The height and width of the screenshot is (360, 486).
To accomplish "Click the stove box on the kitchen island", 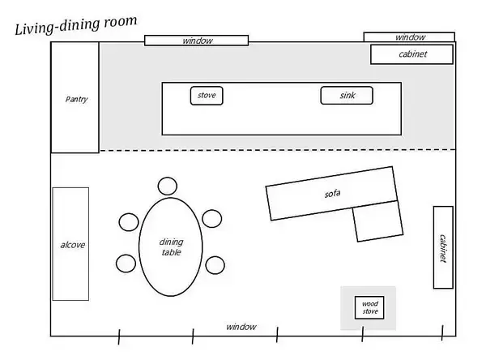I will (x=207, y=96).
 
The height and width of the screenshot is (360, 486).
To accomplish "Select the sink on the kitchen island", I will (x=348, y=96).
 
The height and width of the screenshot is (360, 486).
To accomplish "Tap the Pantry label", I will (x=75, y=99).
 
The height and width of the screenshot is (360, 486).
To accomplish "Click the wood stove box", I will (x=369, y=308).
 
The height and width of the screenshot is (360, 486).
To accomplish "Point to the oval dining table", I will (x=171, y=246).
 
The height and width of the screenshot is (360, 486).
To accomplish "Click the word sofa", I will (x=332, y=194).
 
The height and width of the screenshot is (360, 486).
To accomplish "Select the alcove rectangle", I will (x=70, y=243).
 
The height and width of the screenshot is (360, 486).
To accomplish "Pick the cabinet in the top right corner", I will (x=411, y=54).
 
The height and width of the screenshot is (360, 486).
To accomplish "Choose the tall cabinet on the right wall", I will (x=442, y=247).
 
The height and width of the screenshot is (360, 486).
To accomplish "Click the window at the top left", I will (x=196, y=40).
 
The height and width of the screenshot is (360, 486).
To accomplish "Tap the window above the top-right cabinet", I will (x=409, y=36).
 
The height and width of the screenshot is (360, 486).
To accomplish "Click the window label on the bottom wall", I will (x=241, y=327).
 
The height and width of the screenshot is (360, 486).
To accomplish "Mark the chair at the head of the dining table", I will (x=168, y=186).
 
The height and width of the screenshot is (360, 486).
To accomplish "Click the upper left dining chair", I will (x=129, y=221).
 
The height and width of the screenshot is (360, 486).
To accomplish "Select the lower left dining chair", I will (x=126, y=263).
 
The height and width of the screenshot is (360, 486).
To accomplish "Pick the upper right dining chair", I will (x=212, y=218).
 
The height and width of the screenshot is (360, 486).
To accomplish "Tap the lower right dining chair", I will (x=215, y=264).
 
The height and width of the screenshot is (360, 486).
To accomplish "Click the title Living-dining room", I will (x=75, y=25).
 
